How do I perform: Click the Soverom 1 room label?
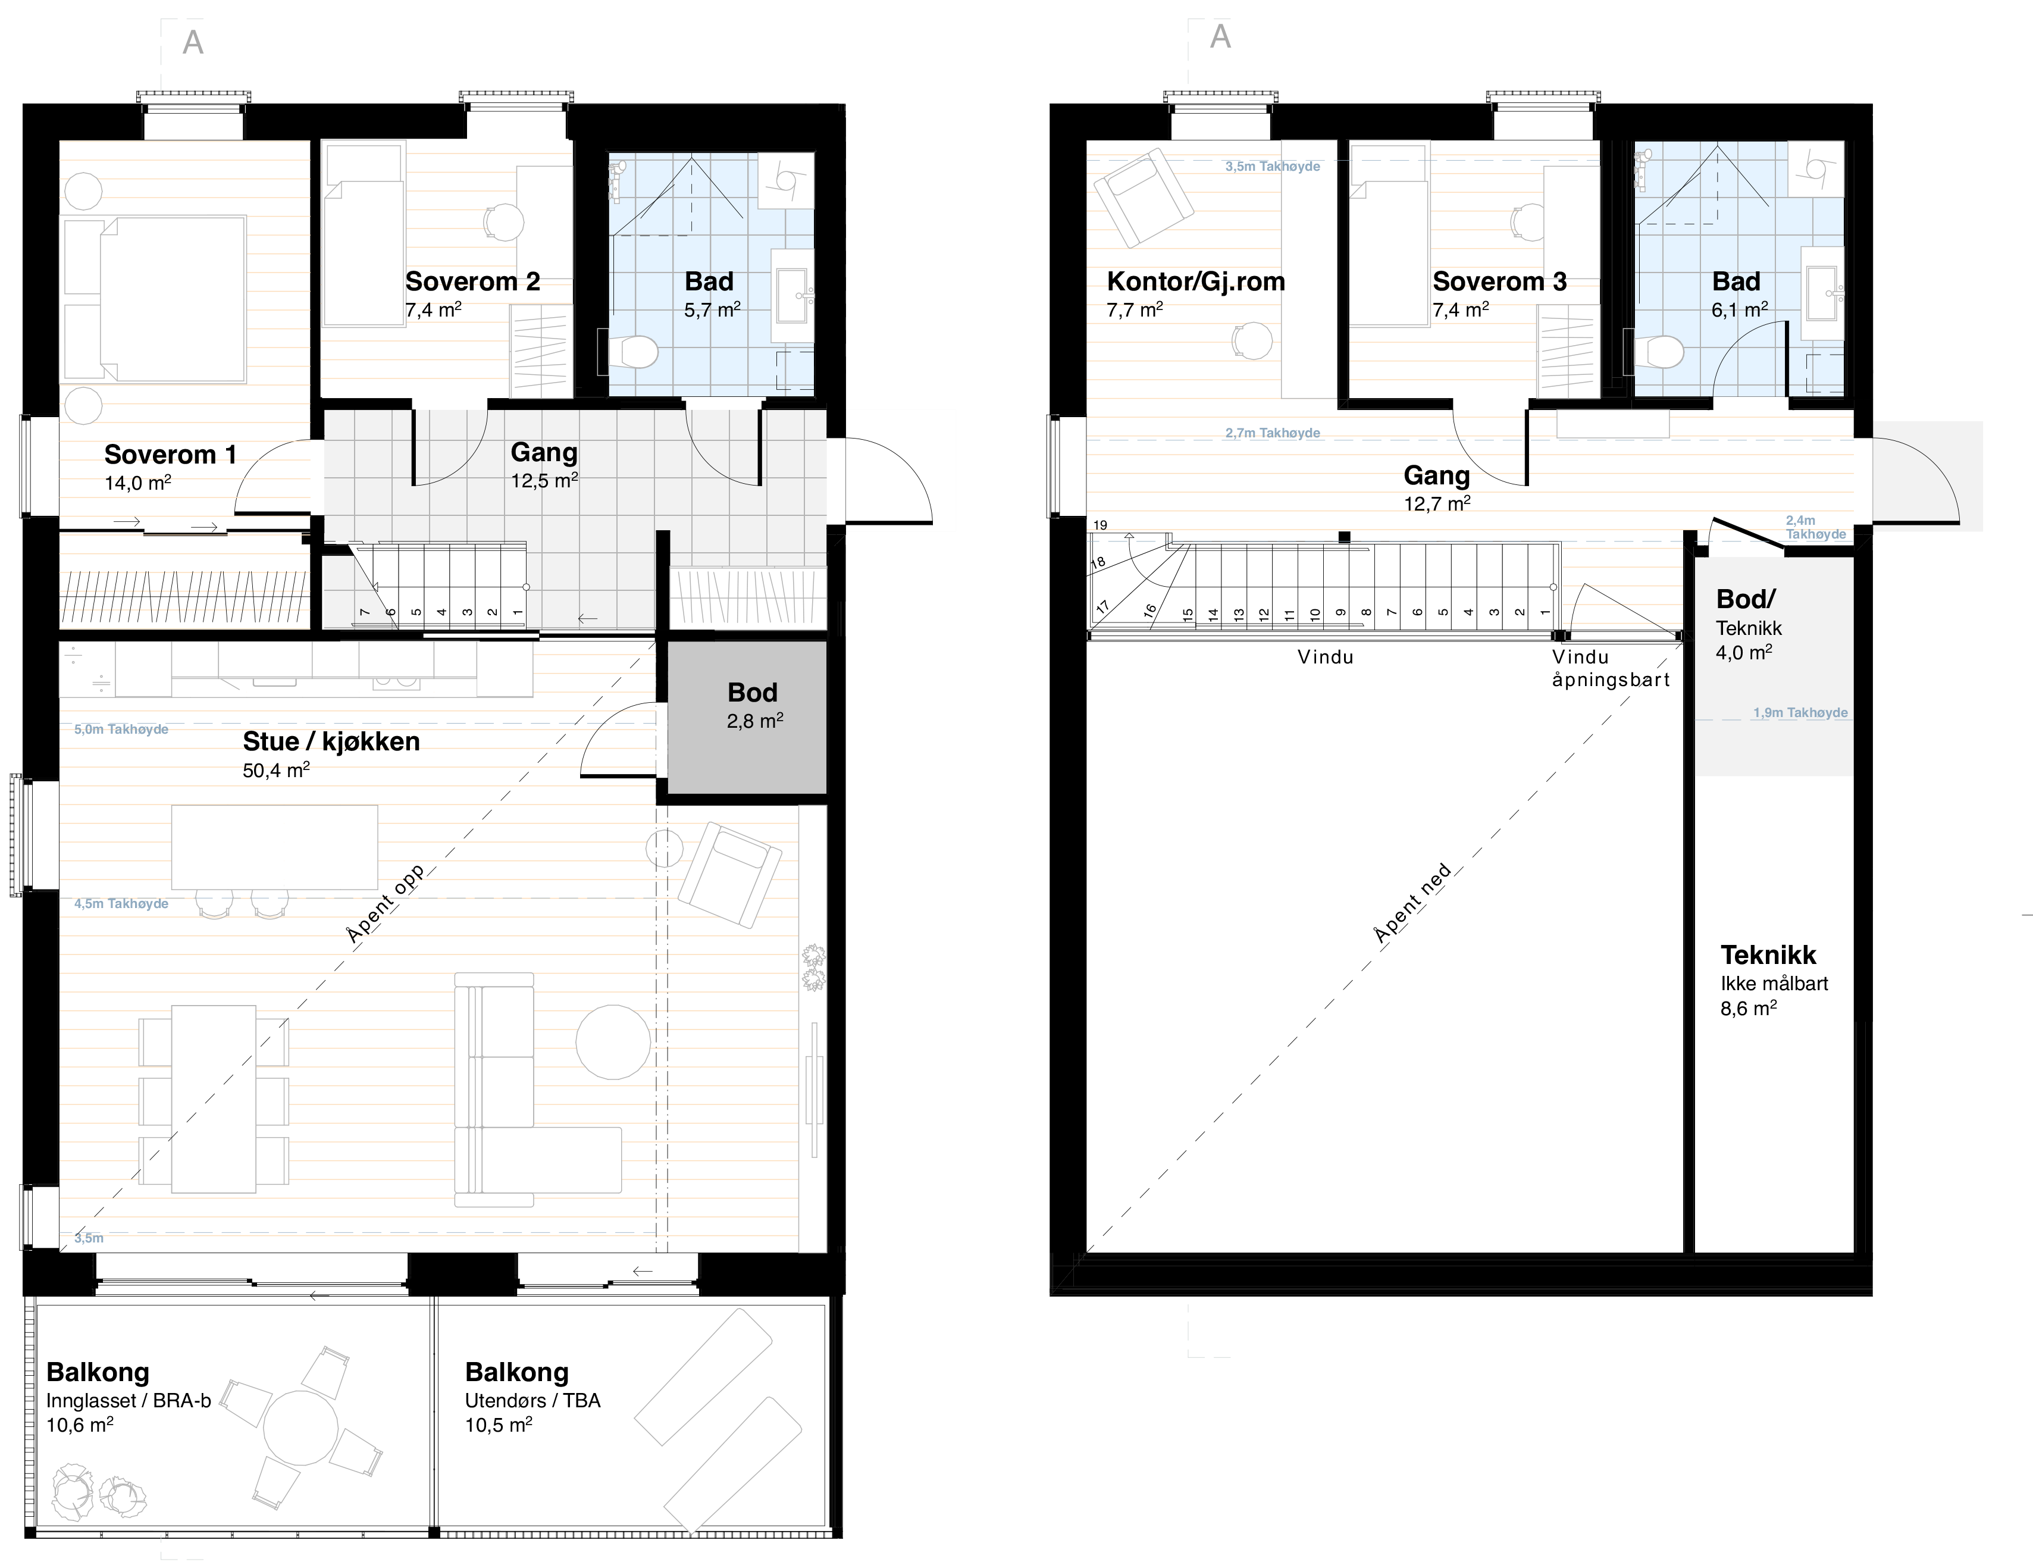point(170,455)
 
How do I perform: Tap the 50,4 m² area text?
point(276,770)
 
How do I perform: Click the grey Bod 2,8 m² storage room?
point(747,717)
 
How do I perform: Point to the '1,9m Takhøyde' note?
point(1800,713)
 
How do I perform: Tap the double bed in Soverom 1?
point(154,299)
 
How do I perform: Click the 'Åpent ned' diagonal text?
point(1412,904)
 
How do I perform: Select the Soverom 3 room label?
point(1499,281)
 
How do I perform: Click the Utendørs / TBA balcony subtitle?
point(532,1400)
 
